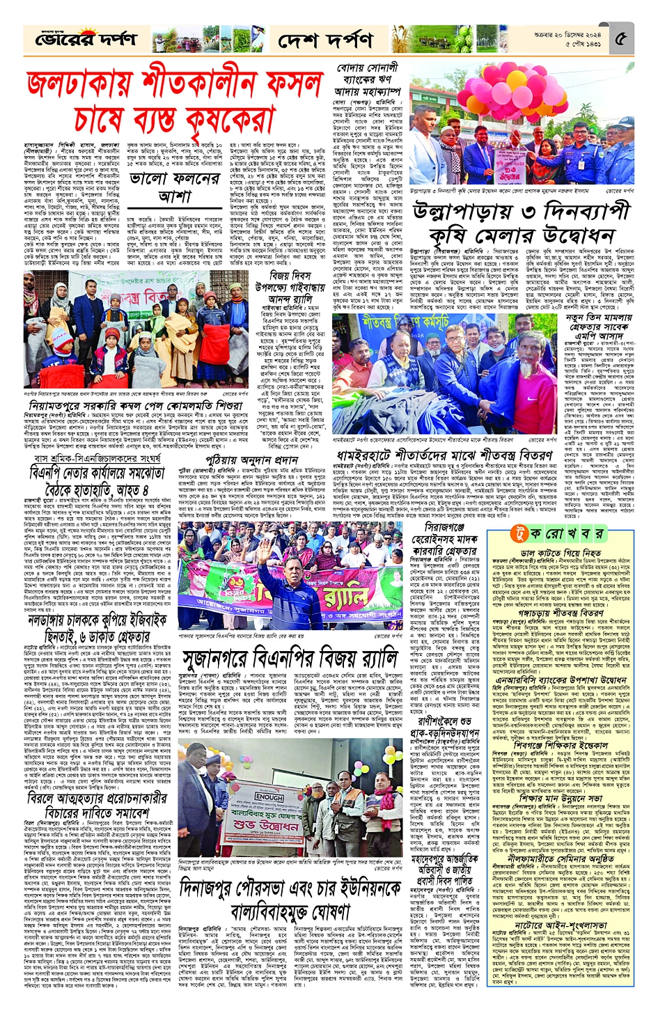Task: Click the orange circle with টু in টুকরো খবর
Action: tap(517, 533)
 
